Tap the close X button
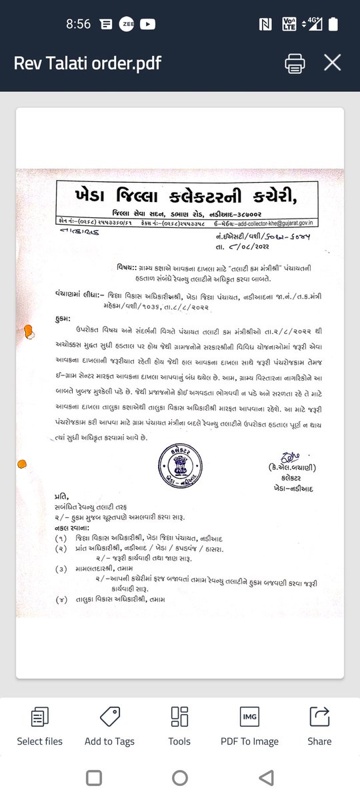coord(332,63)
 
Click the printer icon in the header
coord(295,63)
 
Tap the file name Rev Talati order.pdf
coord(87,63)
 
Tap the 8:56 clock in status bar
coord(78,24)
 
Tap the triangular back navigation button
coord(266,777)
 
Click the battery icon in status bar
coord(333,24)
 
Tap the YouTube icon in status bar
coord(148,24)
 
